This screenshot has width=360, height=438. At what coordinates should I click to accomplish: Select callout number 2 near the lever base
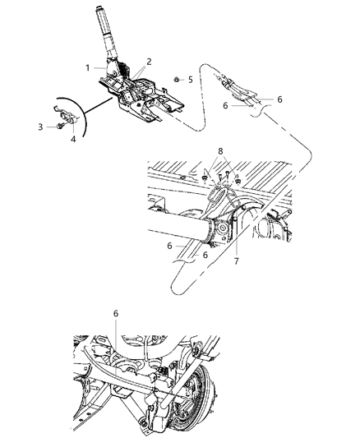[150, 62]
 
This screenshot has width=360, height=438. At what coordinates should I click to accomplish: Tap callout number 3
[39, 126]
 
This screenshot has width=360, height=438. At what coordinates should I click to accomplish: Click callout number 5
[191, 80]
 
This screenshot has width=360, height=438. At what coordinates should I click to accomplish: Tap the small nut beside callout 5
[178, 80]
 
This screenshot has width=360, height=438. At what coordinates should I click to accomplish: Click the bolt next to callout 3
[56, 126]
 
